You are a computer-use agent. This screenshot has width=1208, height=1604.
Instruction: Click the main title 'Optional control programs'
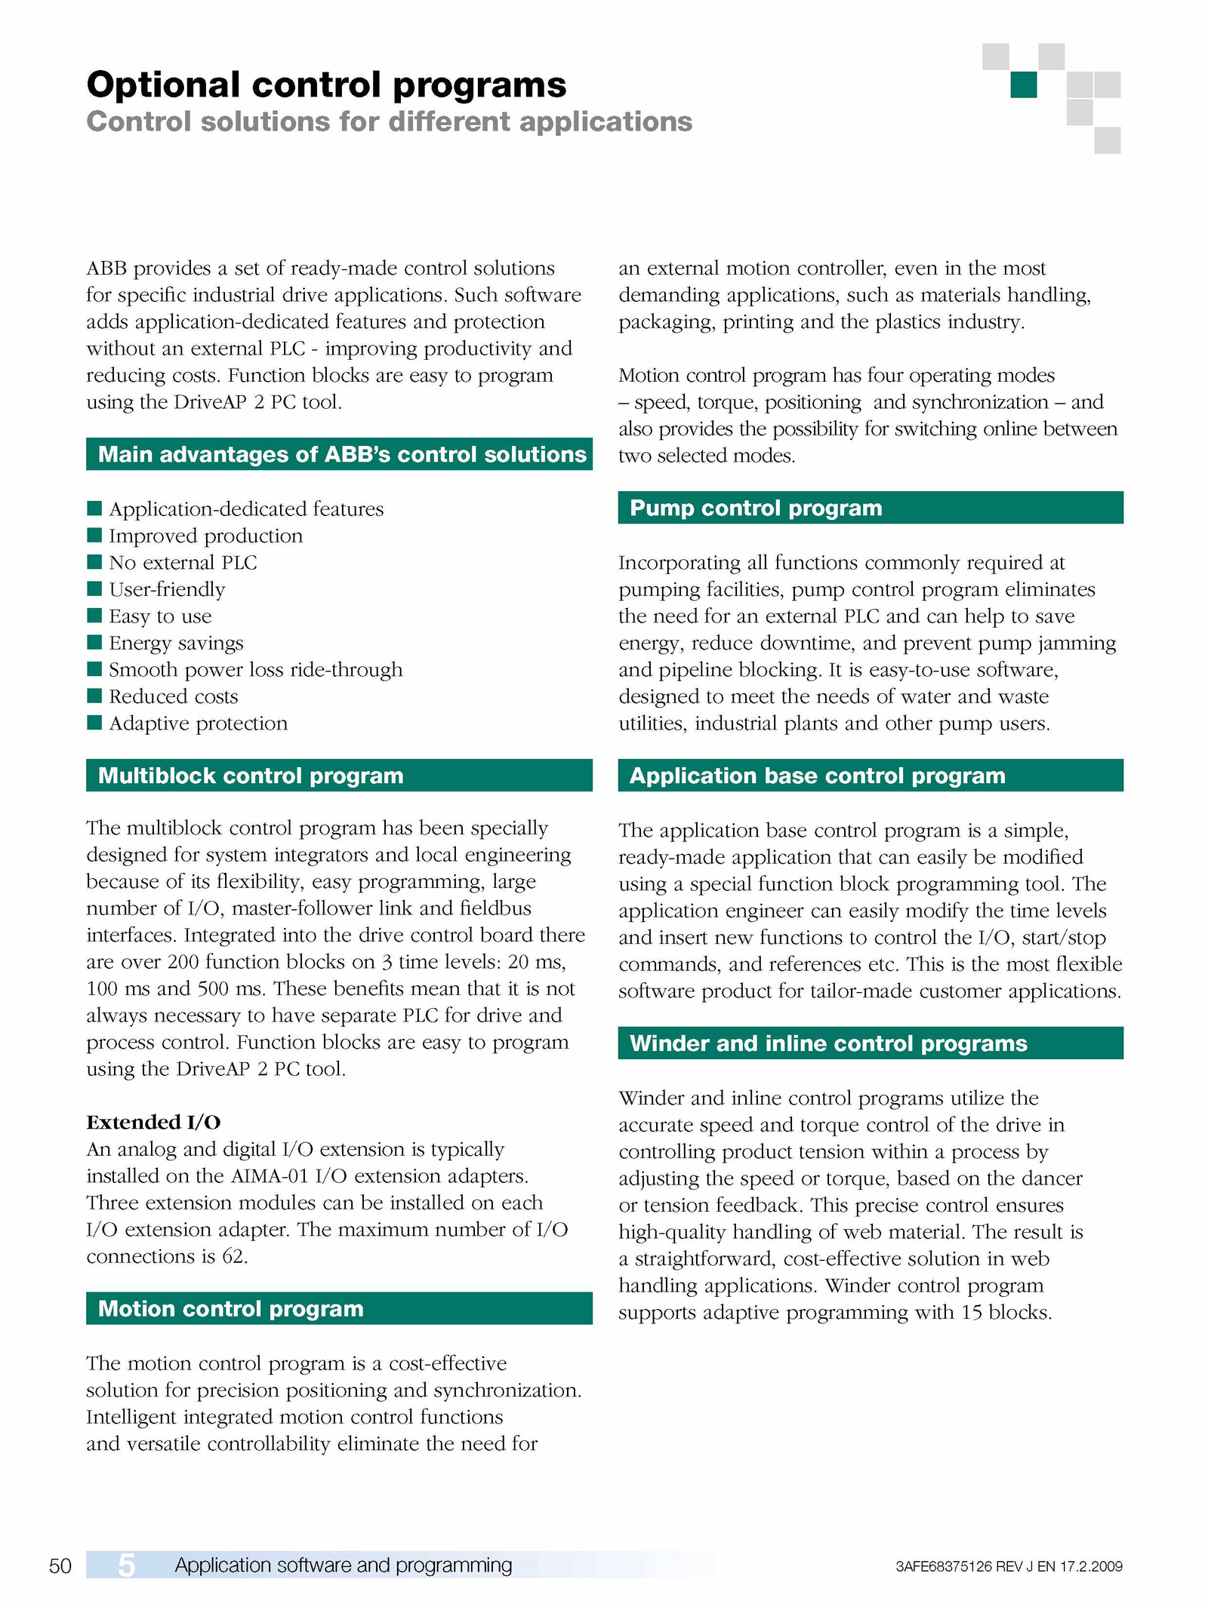point(326,85)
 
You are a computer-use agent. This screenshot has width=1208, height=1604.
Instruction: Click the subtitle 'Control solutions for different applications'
point(389,121)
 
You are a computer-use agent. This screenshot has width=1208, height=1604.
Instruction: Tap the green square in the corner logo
point(1023,85)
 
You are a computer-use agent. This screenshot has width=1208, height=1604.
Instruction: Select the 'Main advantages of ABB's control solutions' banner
point(341,454)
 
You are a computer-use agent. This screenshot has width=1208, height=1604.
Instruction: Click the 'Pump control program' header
point(756,508)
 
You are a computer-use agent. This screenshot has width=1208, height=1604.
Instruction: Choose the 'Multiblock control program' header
point(251,776)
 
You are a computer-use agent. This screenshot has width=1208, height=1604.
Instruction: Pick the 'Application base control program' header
point(817,776)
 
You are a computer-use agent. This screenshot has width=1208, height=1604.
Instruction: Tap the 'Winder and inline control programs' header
point(828,1043)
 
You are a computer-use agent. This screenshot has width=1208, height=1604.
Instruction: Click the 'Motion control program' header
point(231,1308)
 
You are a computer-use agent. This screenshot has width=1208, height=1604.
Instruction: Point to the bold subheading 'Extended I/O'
point(153,1122)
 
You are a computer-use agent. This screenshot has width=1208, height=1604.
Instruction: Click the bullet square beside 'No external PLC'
point(94,562)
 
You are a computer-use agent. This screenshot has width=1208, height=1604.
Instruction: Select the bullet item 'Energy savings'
point(176,643)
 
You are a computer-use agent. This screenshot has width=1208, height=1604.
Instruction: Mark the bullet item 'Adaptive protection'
point(198,724)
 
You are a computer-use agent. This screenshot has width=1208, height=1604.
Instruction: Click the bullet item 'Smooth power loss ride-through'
point(255,670)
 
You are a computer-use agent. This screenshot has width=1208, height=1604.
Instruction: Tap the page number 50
point(60,1566)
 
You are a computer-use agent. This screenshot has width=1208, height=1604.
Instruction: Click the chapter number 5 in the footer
point(126,1566)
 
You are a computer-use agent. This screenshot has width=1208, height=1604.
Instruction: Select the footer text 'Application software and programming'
point(344,1566)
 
